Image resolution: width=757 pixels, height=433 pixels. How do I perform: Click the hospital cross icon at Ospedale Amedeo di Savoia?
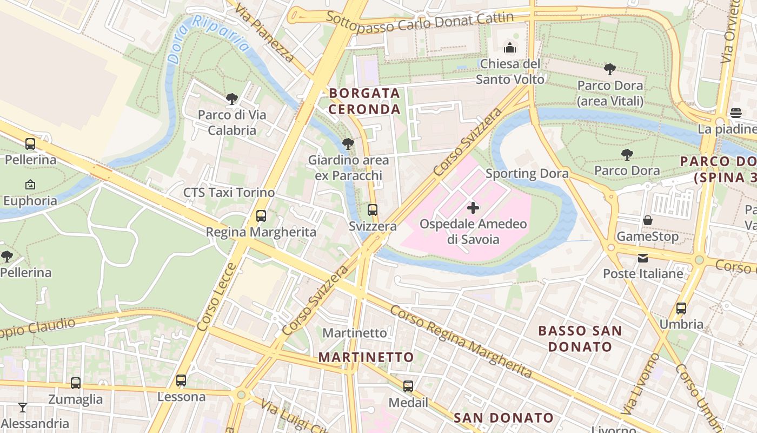[473, 208]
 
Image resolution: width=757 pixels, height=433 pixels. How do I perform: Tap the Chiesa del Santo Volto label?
[510, 71]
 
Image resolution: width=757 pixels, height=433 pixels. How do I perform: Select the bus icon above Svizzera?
[373, 210]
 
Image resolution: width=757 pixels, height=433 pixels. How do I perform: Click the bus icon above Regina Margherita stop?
[261, 216]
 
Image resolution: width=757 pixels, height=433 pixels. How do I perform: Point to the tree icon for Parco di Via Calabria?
[232, 99]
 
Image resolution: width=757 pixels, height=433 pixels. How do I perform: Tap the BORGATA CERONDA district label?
[365, 101]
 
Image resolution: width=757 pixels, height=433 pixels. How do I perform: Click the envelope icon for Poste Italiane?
[643, 258]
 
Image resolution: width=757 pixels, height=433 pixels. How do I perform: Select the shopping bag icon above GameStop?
[647, 220]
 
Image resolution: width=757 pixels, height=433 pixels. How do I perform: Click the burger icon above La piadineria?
[735, 113]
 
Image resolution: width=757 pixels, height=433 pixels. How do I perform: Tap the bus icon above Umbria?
[681, 309]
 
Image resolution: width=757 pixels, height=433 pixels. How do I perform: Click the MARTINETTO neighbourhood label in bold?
[366, 357]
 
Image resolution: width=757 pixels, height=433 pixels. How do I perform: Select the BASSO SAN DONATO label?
[580, 338]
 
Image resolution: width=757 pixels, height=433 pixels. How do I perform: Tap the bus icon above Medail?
[408, 386]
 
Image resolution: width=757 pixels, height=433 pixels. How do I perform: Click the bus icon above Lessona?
[181, 380]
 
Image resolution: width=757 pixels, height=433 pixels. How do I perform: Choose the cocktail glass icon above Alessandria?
[22, 407]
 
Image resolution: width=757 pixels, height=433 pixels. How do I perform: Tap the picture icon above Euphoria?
[30, 185]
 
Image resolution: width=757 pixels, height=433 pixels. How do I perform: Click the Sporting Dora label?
[527, 174]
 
